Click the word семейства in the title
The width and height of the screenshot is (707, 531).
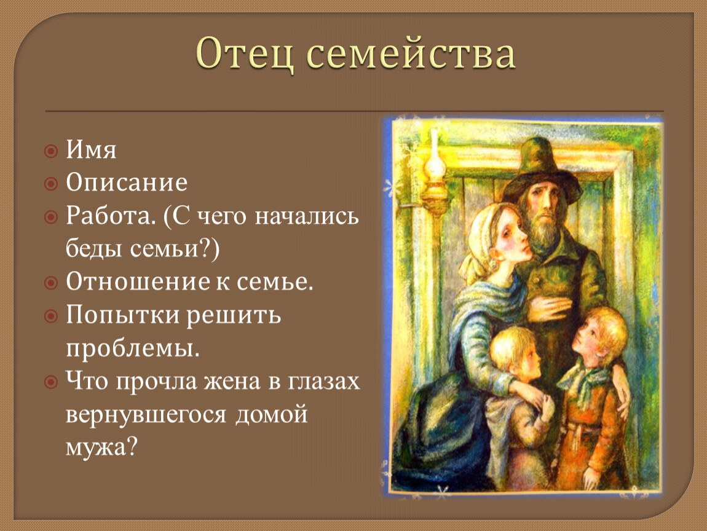pos(411,55)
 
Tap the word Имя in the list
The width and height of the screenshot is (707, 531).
pos(91,150)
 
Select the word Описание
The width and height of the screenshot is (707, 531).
pos(127,183)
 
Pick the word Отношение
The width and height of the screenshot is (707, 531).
pos(138,281)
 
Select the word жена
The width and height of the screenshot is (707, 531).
pos(232,381)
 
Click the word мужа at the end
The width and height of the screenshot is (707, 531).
pos(101,447)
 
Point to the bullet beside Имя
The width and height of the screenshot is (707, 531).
pos(51,151)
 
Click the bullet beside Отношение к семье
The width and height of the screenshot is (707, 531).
pos(51,283)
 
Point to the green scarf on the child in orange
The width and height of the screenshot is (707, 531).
pos(582,381)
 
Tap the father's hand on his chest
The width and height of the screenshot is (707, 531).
pos(548,309)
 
